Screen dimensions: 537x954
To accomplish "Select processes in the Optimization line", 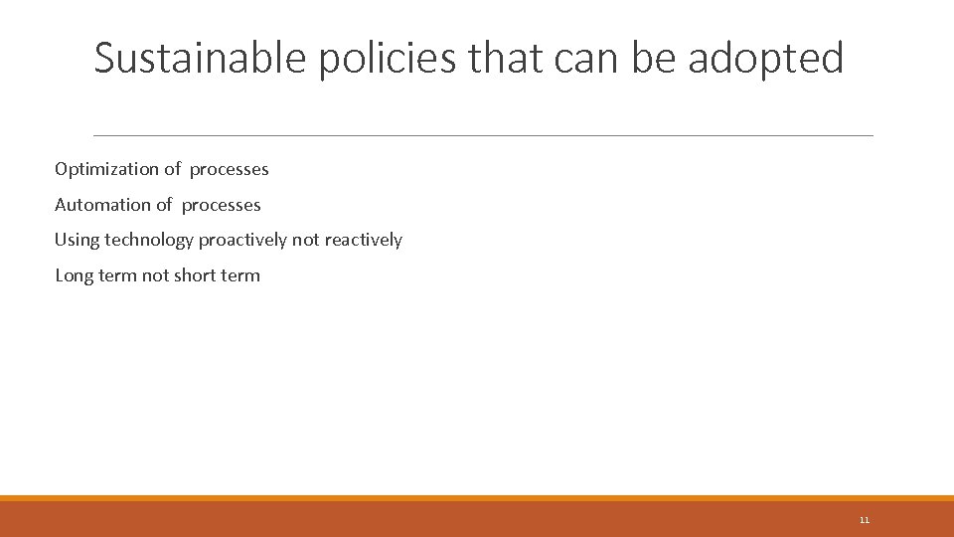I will [x=229, y=169].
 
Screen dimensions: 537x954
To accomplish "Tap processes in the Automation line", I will [x=221, y=205].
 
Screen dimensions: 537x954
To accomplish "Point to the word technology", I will [x=149, y=240].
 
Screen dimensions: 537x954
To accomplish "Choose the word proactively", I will [x=242, y=240].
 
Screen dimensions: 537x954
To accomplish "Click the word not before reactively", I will [x=305, y=240].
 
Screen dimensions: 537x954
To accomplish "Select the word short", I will [x=195, y=275].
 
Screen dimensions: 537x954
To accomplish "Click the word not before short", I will [x=155, y=275].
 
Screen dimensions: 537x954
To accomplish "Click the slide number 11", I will [x=864, y=520].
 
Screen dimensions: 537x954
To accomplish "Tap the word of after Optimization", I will [x=173, y=169].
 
